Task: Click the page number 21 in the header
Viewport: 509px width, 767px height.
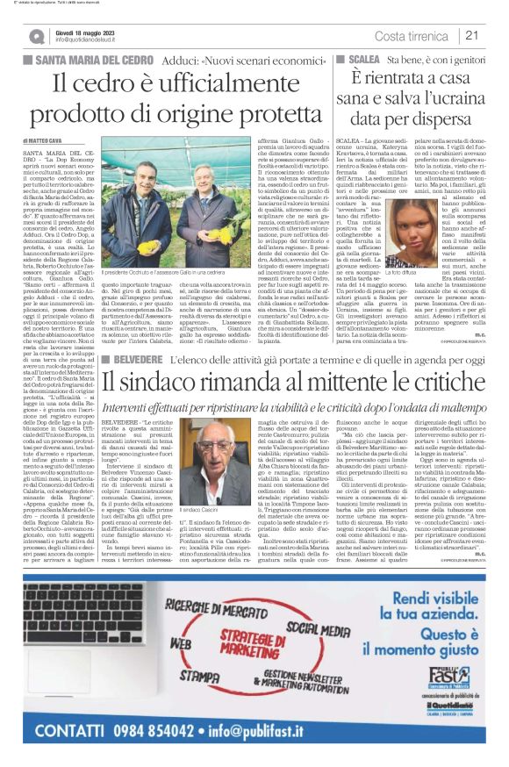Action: (471, 35)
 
